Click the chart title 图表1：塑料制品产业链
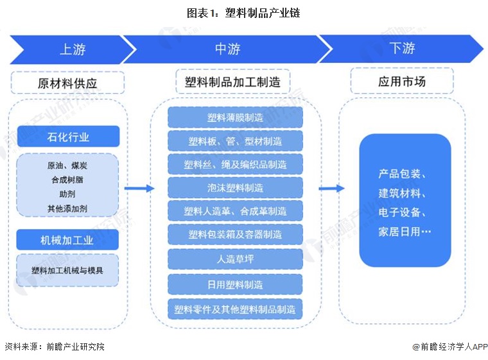[x=243, y=13]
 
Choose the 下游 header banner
[x=401, y=49]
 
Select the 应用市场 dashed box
[x=401, y=82]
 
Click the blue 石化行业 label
[x=68, y=137]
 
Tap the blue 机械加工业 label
[x=68, y=240]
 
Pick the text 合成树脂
[x=67, y=180]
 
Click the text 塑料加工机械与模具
[x=67, y=270]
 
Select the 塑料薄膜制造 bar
[x=235, y=117]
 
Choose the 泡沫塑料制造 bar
[x=235, y=188]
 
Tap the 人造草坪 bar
[x=235, y=259]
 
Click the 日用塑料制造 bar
[x=235, y=284]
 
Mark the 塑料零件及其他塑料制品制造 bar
[x=235, y=309]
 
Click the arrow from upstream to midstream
[x=139, y=188]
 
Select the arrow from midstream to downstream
[x=331, y=188]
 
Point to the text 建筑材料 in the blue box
[x=405, y=193]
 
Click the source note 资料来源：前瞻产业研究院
[x=55, y=347]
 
